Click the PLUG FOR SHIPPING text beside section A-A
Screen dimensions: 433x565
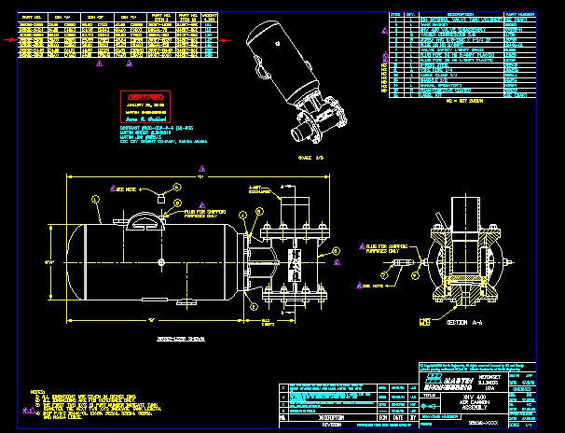tap(381, 249)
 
